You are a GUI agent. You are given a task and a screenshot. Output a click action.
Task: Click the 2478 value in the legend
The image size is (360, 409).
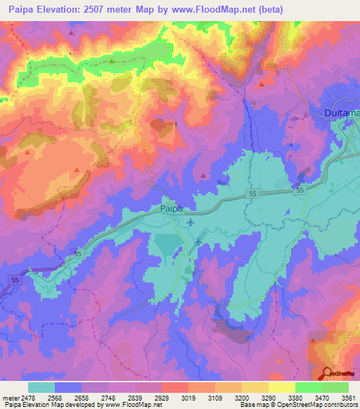pyautogui.click(x=27, y=398)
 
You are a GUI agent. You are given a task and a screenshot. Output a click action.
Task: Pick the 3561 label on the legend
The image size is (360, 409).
pyautogui.click(x=342, y=398)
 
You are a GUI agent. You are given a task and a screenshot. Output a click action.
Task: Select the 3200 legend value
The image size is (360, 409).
pyautogui.click(x=240, y=398)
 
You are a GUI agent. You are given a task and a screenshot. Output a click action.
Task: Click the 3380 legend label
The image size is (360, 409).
pyautogui.click(x=293, y=398)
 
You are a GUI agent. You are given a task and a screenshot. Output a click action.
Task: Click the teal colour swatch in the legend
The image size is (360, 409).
pyautogui.click(x=41, y=387)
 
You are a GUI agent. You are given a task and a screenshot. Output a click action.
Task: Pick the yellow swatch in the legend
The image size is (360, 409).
pyautogui.click(x=281, y=387)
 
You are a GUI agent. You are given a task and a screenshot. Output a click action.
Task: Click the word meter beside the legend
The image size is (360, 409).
pyautogui.click(x=9, y=398)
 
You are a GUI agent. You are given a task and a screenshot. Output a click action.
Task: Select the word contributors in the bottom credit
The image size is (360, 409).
pyautogui.click(x=340, y=405)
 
